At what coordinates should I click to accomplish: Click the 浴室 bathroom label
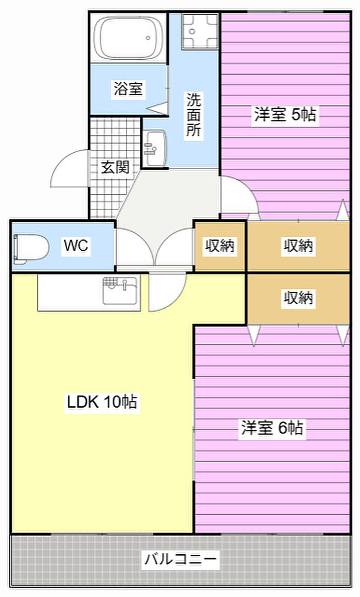(128, 89)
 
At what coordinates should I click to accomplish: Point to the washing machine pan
(201, 31)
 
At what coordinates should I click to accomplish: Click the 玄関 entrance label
(115, 167)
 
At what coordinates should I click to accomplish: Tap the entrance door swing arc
(69, 170)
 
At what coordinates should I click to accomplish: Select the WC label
(76, 246)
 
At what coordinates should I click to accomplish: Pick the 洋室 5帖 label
(284, 114)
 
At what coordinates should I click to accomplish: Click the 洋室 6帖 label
(272, 428)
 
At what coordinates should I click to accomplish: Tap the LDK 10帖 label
(102, 401)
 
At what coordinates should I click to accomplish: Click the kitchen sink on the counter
(120, 291)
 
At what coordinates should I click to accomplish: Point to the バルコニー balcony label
(181, 558)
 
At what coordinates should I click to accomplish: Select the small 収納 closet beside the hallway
(220, 246)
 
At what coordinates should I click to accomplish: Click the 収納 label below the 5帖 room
(298, 246)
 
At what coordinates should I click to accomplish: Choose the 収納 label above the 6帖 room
(298, 297)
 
